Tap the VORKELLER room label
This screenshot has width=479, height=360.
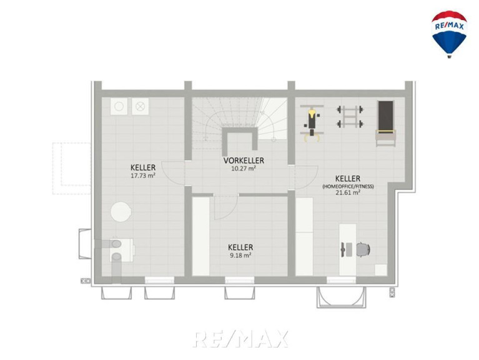point(244,161)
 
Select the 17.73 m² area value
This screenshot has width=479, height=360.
point(143,176)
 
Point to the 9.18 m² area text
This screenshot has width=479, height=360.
point(240,255)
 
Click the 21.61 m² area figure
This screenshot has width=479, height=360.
point(348,192)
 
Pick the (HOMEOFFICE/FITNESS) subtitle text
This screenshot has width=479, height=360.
point(348,186)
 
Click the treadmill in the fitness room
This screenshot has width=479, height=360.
point(385,123)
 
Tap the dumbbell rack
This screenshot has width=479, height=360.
point(350,116)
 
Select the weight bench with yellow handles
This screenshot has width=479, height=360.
point(312,123)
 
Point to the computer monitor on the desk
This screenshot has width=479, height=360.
point(343,249)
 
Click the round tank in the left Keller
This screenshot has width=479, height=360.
point(121,212)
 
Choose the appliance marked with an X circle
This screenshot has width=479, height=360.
point(141,106)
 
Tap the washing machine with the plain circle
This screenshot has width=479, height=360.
point(119,106)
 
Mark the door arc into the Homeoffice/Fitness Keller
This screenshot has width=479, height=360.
point(312,181)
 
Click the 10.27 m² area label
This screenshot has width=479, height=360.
point(244,168)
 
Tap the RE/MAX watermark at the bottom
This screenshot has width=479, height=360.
point(240,339)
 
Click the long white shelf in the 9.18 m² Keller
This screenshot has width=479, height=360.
point(200,236)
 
